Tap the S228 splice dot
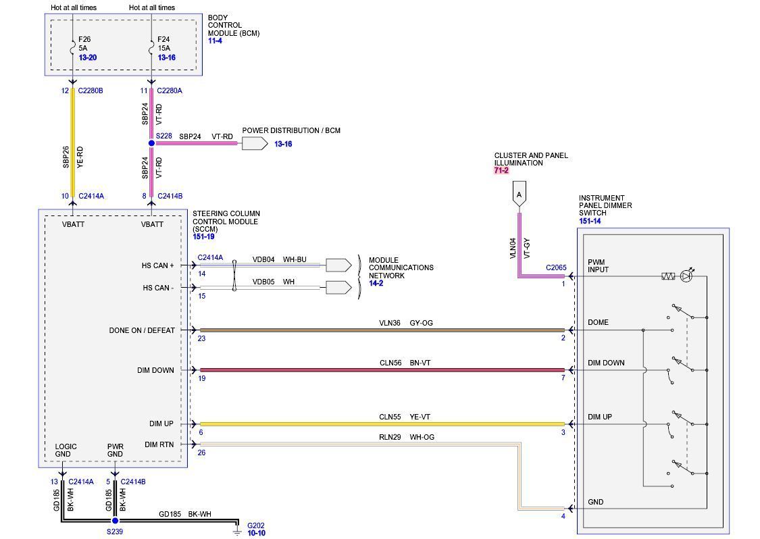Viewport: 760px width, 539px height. coord(151,143)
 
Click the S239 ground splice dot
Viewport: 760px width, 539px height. coord(115,521)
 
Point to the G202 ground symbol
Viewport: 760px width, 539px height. coord(237,532)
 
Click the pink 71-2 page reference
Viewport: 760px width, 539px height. coord(501,171)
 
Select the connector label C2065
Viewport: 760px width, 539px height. coord(556,267)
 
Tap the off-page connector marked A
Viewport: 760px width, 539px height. coord(519,195)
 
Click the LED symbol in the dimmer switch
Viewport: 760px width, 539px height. coord(686,276)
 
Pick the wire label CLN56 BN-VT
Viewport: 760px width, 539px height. coord(405,363)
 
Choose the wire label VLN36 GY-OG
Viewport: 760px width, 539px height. coord(405,323)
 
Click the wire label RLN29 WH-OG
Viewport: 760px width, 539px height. coord(406,437)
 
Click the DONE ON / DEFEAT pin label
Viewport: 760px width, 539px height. coord(142,330)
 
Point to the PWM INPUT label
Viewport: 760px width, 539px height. coord(598,265)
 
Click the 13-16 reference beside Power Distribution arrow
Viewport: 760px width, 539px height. coord(283,145)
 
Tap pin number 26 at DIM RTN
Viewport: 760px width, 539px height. coord(201,453)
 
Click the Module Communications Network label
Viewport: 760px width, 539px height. coord(401,267)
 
